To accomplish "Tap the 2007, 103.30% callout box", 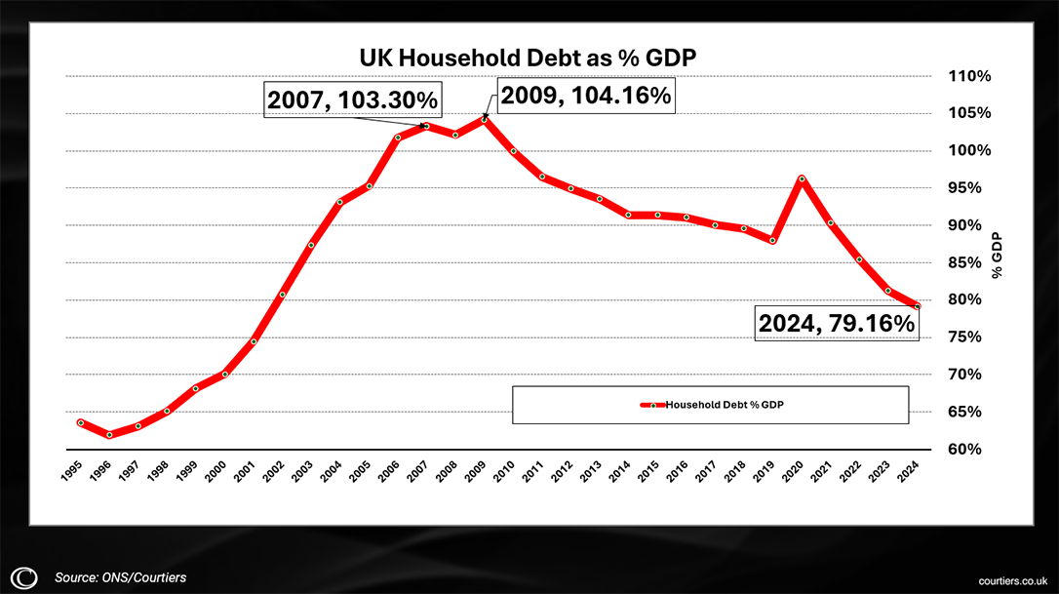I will pos(352,99).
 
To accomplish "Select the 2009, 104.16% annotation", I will pos(586,95).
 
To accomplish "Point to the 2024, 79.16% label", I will pos(838,323).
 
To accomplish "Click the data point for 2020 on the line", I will pos(802,178).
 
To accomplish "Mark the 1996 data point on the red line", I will pos(109,435).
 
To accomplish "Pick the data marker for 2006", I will pos(398,138).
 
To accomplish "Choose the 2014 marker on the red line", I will pos(629,215).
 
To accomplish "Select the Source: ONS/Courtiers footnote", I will pos(120,577).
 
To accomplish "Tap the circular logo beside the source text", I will pos(26,577).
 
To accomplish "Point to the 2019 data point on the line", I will pos(773,240).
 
